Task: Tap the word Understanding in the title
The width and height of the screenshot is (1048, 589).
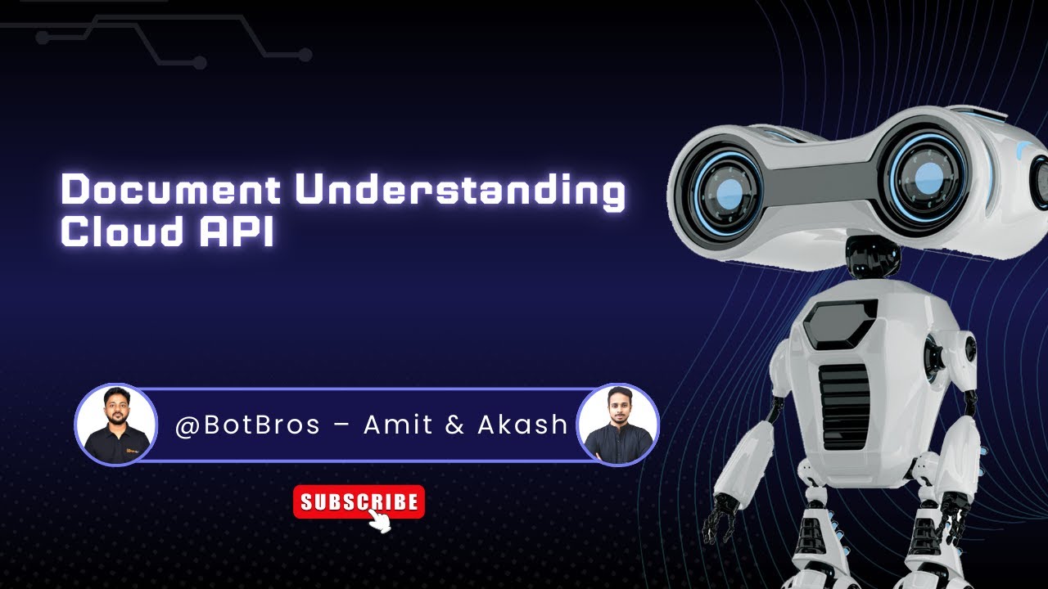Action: [x=459, y=191]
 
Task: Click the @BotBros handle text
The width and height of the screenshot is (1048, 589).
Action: [x=247, y=425]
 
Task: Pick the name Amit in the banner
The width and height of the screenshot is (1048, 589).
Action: [x=397, y=425]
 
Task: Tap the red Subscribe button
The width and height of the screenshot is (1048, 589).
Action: [x=359, y=501]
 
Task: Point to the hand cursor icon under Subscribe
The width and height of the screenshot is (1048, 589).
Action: [x=380, y=521]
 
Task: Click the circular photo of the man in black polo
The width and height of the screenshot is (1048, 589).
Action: [x=115, y=425]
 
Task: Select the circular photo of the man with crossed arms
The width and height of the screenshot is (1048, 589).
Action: [x=618, y=425]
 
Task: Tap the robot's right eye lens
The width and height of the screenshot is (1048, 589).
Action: [x=927, y=174]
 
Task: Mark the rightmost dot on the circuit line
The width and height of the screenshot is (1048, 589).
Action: [x=305, y=56]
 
